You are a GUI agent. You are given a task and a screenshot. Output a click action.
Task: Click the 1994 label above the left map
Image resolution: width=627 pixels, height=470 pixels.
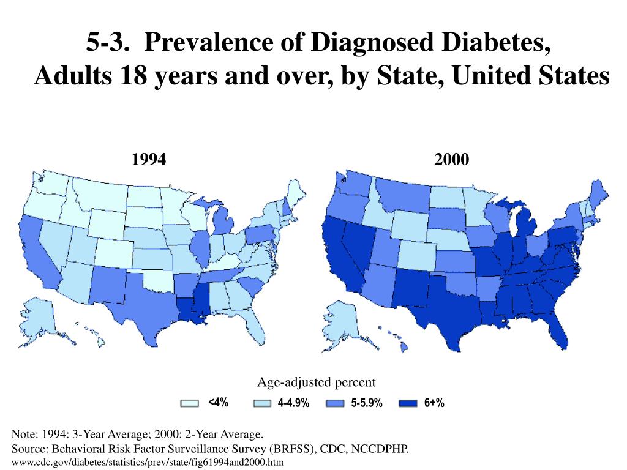tap(149, 160)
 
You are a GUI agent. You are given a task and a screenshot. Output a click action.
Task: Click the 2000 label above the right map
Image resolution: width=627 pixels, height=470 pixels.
tap(452, 160)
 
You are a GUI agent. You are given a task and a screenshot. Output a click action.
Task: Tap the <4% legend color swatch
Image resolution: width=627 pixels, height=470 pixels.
tap(190, 403)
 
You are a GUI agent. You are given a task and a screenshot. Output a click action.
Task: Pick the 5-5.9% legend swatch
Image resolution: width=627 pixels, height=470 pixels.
tap(335, 403)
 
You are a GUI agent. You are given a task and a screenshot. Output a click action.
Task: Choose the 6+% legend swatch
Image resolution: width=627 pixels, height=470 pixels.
tap(408, 403)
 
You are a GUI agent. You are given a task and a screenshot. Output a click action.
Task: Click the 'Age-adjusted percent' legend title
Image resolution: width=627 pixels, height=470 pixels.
tap(316, 382)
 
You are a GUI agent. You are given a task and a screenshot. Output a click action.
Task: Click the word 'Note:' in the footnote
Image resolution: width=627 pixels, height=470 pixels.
tap(25, 435)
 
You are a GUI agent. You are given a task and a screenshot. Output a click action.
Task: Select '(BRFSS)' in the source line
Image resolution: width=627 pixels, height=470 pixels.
tap(293, 449)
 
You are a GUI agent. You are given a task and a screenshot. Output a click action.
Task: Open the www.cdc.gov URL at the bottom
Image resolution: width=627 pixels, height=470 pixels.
tap(148, 462)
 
